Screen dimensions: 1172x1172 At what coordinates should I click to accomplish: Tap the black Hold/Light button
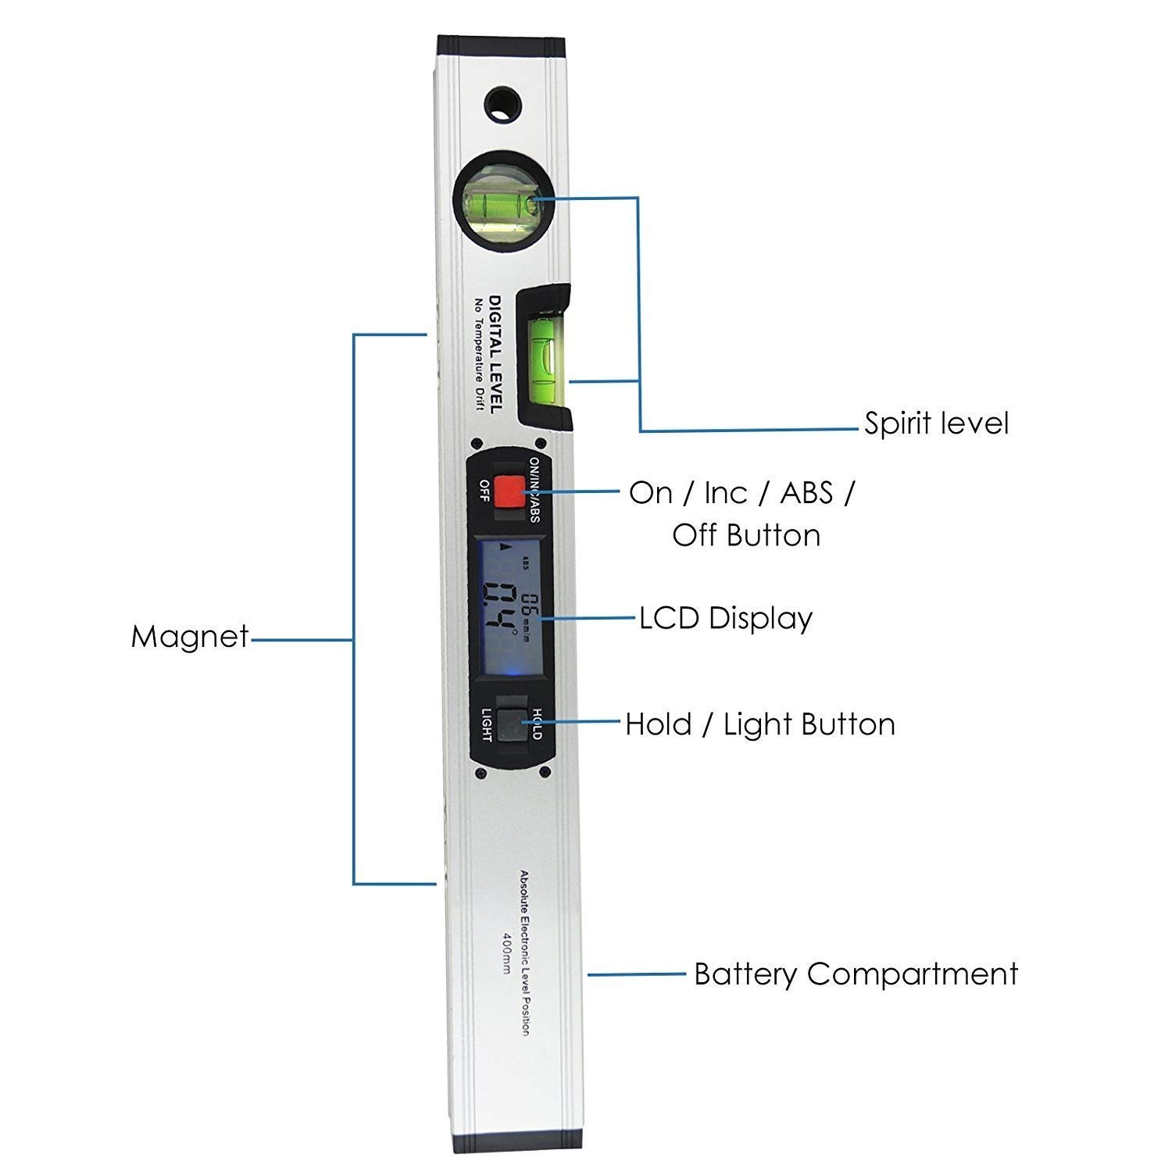pos(513,725)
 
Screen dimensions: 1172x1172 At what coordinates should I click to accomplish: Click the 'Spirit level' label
pos(936,423)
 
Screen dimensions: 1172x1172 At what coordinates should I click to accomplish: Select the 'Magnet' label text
pos(190,637)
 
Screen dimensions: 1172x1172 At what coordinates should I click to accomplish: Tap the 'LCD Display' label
pos(726,618)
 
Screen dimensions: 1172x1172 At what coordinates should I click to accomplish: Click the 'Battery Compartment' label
pos(856,974)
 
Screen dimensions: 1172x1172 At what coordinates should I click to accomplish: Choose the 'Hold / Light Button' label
pos(759,725)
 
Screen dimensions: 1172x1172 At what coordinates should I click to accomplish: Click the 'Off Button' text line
pos(746,536)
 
